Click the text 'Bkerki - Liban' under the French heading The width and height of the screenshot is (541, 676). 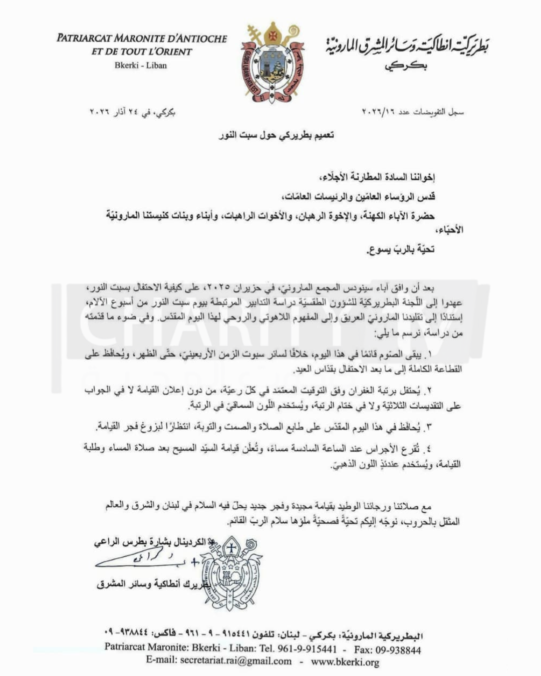tap(141, 66)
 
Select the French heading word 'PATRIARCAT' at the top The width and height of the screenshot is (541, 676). tap(84, 39)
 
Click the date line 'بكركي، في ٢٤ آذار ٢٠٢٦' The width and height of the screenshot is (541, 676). tap(132, 112)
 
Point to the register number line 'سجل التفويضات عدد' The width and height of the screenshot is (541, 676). tap(413, 112)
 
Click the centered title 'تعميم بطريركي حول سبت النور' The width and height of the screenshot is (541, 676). tap(276, 135)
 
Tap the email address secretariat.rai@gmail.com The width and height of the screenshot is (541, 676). tap(218, 661)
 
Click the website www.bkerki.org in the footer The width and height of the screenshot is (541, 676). tap(345, 661)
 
